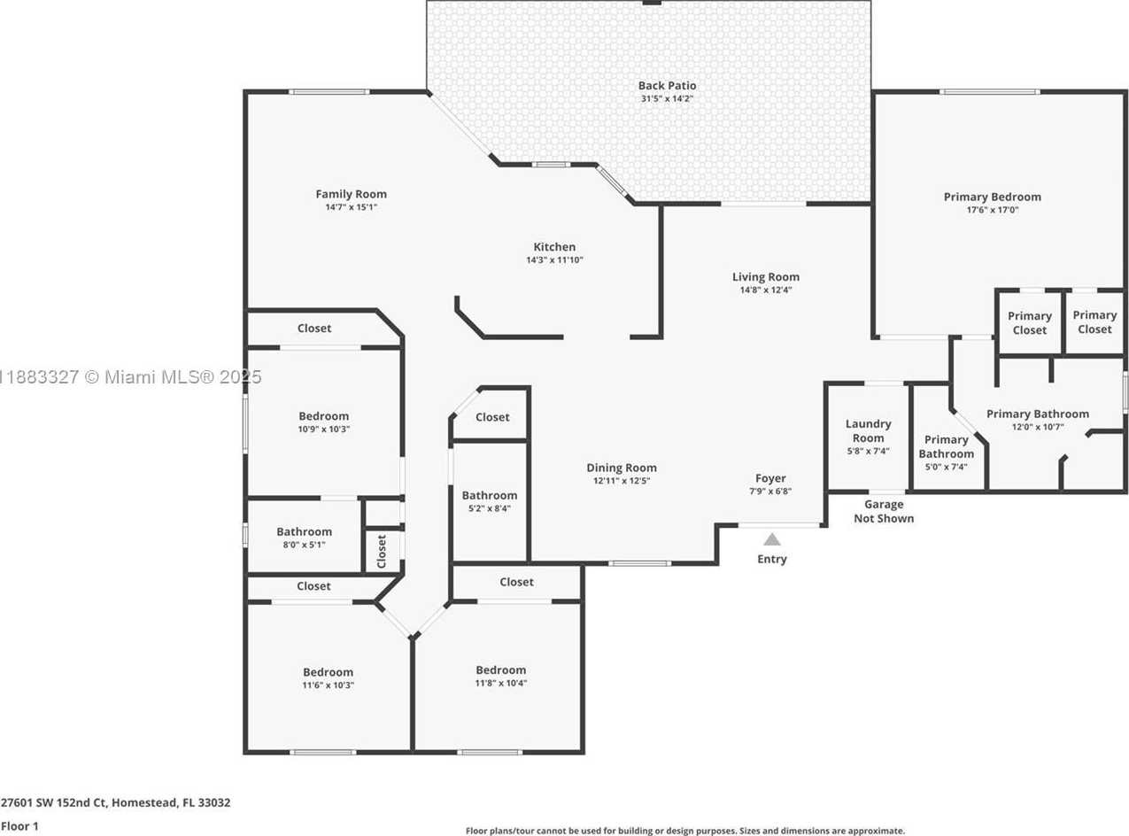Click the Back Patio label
click(x=667, y=86)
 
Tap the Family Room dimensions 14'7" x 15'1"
click(x=352, y=207)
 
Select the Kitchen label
click(x=554, y=247)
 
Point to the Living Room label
click(x=766, y=277)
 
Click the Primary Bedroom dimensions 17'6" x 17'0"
click(x=992, y=210)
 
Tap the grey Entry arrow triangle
click(x=771, y=539)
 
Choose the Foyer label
click(x=770, y=478)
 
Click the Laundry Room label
click(x=868, y=430)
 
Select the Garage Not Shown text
click(x=884, y=511)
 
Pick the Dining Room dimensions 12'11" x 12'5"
click(x=622, y=481)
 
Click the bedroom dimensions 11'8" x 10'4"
click(x=501, y=684)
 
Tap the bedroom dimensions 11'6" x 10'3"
click(x=328, y=685)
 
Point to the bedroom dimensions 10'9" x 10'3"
click(x=324, y=430)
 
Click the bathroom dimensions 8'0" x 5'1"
click(x=304, y=545)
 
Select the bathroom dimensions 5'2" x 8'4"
click(x=489, y=508)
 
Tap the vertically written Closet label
click(x=382, y=552)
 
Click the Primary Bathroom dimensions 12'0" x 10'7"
click(x=1038, y=427)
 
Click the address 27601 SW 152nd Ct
click(x=54, y=803)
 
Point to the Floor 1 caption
click(x=19, y=826)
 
